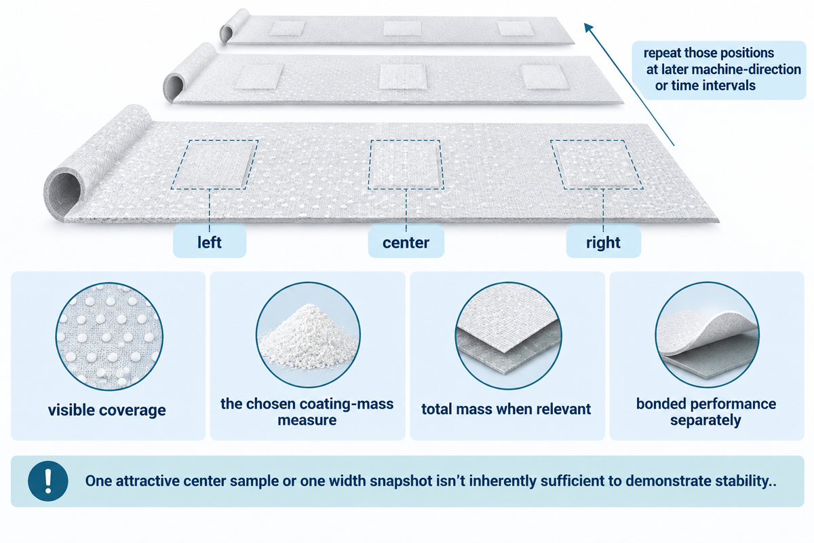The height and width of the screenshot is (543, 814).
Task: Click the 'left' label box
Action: [210, 242]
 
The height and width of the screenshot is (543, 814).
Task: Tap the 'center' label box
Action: [406, 242]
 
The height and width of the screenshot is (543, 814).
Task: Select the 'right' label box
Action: [603, 242]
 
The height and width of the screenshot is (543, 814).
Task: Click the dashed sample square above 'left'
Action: [215, 165]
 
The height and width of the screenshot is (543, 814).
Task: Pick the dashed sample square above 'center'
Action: [406, 164]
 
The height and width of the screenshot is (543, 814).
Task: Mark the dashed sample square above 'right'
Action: [596, 164]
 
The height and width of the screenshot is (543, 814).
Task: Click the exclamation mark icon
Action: [48, 481]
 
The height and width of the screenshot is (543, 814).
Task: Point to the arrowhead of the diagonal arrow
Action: [588, 28]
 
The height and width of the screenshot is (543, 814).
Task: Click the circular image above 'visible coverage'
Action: [109, 337]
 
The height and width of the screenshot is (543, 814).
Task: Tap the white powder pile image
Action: [308, 335]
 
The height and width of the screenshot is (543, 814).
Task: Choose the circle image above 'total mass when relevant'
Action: [508, 335]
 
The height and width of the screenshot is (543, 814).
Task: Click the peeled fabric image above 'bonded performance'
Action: [707, 335]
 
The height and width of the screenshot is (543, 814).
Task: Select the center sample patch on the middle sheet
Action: [403, 77]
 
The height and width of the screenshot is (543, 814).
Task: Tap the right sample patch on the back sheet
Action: [516, 29]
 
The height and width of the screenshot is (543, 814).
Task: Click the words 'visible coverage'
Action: [107, 410]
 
